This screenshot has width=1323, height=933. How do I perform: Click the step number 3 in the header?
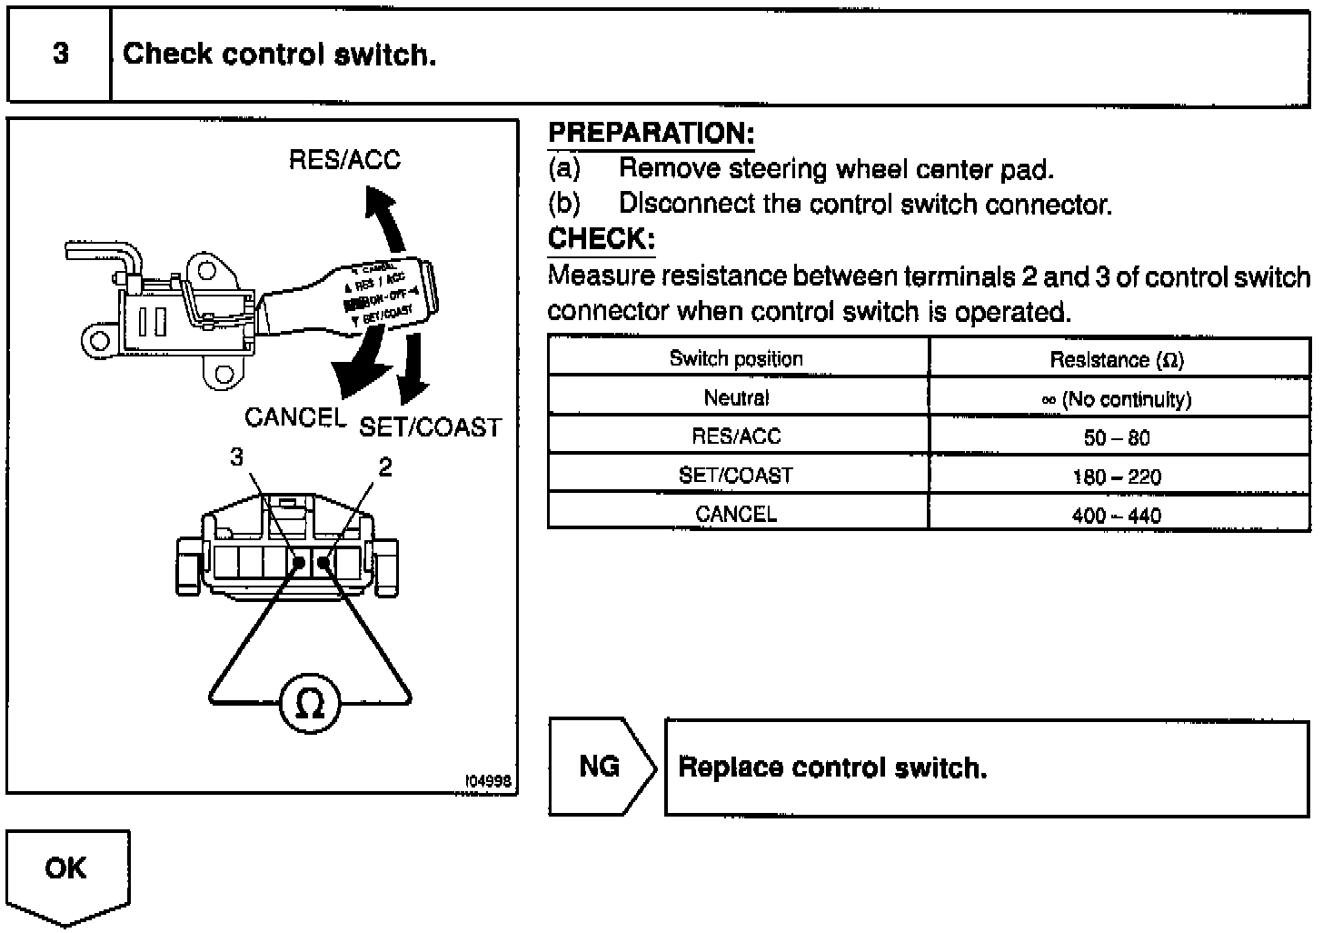pyautogui.click(x=60, y=55)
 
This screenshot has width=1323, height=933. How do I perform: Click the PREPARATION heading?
pyautogui.click(x=651, y=134)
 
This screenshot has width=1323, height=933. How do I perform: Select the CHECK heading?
pyautogui.click(x=601, y=239)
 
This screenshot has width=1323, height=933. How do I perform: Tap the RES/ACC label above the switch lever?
pyautogui.click(x=344, y=160)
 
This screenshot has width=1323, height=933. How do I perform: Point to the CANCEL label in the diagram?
pyautogui.click(x=295, y=417)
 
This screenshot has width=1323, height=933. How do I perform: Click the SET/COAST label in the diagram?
pyautogui.click(x=431, y=427)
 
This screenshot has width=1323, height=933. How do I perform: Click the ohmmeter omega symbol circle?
pyautogui.click(x=310, y=703)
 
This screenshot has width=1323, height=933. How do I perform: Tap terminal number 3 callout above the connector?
pyautogui.click(x=237, y=457)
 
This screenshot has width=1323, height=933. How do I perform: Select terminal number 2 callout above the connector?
pyautogui.click(x=385, y=467)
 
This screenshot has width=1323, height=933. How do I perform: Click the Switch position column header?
pyautogui.click(x=736, y=358)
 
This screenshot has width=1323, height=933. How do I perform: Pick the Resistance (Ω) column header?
pyautogui.click(x=1117, y=360)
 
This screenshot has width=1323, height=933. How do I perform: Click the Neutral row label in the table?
pyautogui.click(x=736, y=398)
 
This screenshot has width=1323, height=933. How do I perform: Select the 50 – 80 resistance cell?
pyautogui.click(x=1117, y=438)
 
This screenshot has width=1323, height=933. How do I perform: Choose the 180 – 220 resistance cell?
pyautogui.click(x=1117, y=477)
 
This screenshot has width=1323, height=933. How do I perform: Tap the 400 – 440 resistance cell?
pyautogui.click(x=1117, y=516)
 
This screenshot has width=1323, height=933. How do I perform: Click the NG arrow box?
pyautogui.click(x=601, y=767)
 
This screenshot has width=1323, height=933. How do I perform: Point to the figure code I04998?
pyautogui.click(x=489, y=781)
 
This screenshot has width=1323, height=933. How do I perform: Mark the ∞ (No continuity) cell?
pyautogui.click(x=1117, y=399)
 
